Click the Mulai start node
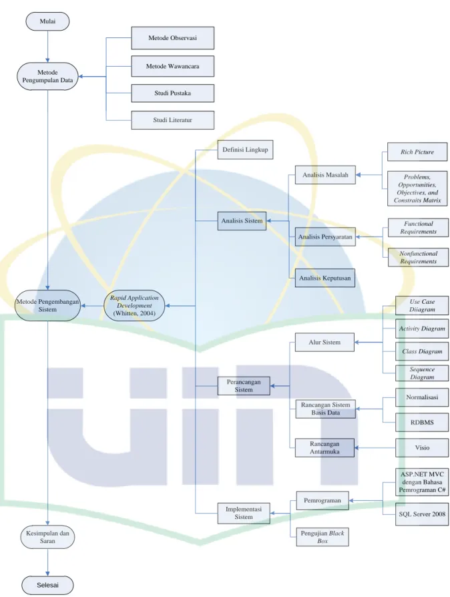click(x=47, y=21)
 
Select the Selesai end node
click(x=47, y=585)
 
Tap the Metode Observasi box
click(x=172, y=37)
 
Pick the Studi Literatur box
click(x=172, y=120)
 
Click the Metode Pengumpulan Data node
click(x=47, y=77)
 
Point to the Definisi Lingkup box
click(x=245, y=150)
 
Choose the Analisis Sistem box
click(x=242, y=221)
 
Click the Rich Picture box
click(x=417, y=152)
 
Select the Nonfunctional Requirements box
click(x=418, y=257)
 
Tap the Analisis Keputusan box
click(x=324, y=278)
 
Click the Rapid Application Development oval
click(x=134, y=306)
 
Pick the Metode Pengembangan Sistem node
click(x=47, y=306)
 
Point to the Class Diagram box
click(x=422, y=351)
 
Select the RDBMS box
click(x=422, y=422)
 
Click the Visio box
click(x=422, y=447)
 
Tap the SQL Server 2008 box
click(x=422, y=514)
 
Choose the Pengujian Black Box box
click(x=322, y=537)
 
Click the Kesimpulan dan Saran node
click(x=47, y=537)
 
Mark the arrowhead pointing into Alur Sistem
click(x=357, y=343)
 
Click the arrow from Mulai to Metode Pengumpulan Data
click(x=47, y=47)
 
